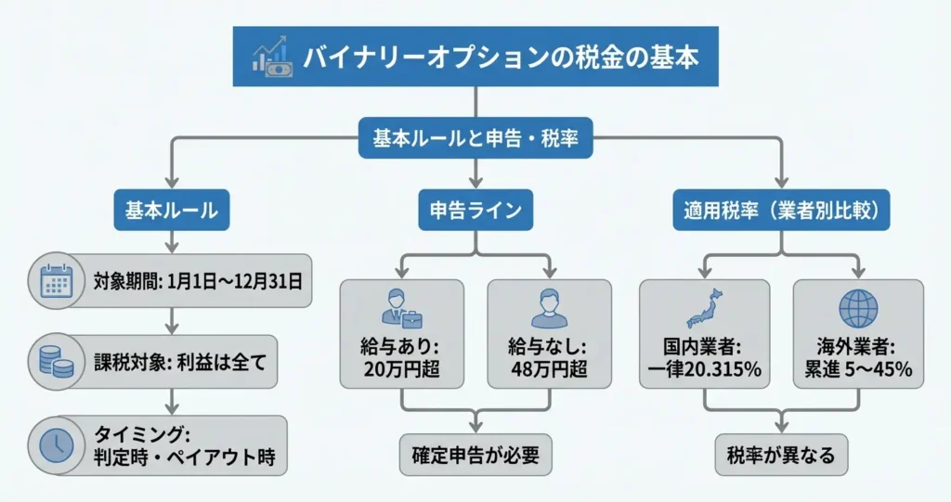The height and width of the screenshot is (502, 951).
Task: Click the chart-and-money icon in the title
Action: click(272, 57)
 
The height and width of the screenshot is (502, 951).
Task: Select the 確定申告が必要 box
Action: click(475, 454)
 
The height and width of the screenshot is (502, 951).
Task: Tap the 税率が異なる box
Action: click(780, 454)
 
